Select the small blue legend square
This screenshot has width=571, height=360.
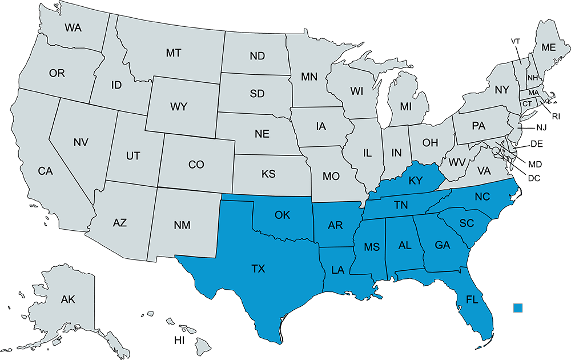pos(518,308)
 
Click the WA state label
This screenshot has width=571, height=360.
pos(73,27)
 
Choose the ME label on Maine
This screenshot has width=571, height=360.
pos(549,47)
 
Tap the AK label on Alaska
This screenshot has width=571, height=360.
pos(68,299)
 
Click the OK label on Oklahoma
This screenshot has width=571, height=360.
pos(282,215)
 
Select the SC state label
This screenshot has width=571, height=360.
pos(467,223)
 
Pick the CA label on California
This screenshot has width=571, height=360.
pos(46,170)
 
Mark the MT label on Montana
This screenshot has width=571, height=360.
pos(174,53)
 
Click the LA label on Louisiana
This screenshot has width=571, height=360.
pos(338,269)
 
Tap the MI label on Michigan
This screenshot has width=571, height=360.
pos(406,107)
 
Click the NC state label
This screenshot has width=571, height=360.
pos(482,197)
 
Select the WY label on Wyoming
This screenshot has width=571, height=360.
pos(179,107)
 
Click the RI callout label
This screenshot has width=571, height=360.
pos(556,117)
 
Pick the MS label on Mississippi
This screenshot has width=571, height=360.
pos(372,247)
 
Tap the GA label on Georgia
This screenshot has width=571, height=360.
pos(442,245)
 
